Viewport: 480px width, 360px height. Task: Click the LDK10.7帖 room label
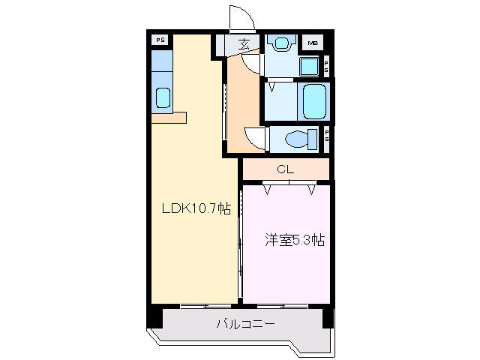(x=196, y=210)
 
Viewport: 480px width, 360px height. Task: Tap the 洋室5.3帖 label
(x=293, y=241)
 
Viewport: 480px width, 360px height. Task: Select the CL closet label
(x=284, y=169)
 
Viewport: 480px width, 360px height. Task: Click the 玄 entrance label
(x=244, y=44)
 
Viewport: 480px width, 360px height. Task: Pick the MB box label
(x=312, y=43)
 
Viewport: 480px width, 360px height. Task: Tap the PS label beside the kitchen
(x=160, y=40)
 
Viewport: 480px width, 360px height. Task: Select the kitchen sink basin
(x=162, y=97)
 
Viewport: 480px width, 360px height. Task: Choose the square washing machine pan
(x=310, y=66)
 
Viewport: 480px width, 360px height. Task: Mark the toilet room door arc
(x=255, y=139)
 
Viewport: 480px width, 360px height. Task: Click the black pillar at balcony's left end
(x=154, y=317)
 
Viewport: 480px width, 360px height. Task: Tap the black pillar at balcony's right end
(x=328, y=317)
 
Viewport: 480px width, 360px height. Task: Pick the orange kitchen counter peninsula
(x=168, y=118)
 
